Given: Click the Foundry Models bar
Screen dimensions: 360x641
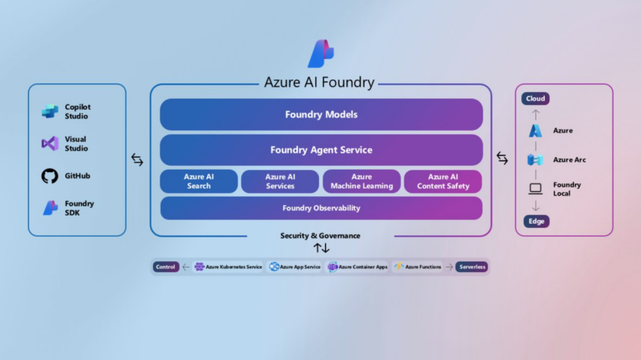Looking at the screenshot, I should click(321, 115).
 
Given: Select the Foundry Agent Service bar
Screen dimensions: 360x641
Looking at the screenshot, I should click(321, 150).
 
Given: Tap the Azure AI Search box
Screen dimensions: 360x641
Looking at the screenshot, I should click(199, 182).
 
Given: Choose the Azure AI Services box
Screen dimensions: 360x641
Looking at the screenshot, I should click(280, 182).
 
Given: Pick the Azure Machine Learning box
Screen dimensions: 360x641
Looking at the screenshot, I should click(362, 182).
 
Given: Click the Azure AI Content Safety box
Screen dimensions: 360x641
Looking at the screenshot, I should click(443, 182).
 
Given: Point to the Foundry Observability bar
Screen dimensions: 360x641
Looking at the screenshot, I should click(321, 208).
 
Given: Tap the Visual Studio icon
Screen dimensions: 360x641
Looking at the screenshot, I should click(50, 144).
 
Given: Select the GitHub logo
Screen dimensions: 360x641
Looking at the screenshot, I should click(50, 176).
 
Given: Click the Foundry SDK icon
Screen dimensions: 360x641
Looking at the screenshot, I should click(50, 208).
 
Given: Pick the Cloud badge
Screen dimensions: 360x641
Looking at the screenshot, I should click(535, 99).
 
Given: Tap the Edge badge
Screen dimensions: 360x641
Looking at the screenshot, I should click(536, 221).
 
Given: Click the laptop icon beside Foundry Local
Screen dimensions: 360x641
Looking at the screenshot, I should click(535, 188).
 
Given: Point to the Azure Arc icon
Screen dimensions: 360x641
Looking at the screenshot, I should click(535, 160).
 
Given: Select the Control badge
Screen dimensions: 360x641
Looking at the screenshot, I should click(166, 267).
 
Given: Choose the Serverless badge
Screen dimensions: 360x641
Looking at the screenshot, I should click(471, 267).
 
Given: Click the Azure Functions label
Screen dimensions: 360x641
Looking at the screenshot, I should click(423, 267).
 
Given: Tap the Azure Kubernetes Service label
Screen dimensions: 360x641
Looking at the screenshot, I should click(233, 267).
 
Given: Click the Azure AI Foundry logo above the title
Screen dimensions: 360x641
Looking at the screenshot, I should click(320, 54).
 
